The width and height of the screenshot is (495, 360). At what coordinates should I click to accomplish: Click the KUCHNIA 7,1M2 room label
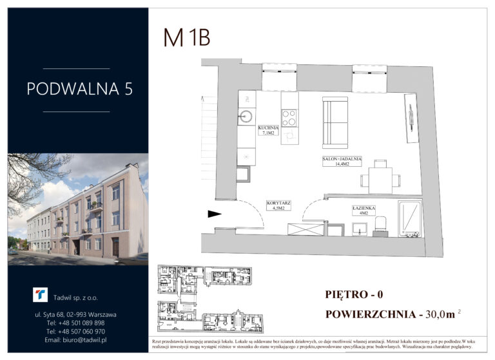tap(267, 131)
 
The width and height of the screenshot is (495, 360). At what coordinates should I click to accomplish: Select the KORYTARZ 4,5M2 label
tap(278, 205)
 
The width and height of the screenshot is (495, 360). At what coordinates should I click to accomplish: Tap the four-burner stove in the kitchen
tap(289, 118)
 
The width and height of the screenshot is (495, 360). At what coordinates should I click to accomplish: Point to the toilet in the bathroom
tap(380, 223)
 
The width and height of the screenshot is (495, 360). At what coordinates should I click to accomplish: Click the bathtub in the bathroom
tap(409, 219)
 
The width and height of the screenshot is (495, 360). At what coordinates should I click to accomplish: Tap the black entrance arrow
tap(214, 214)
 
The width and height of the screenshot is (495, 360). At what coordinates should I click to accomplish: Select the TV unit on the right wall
tap(409, 118)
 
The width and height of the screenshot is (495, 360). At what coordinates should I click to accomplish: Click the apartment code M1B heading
tap(186, 38)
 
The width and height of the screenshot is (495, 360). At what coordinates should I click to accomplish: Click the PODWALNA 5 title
tap(79, 90)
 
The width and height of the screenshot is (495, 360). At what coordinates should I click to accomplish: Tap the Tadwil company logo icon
tap(41, 294)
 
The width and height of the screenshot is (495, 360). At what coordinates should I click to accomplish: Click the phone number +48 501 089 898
tap(76, 323)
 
